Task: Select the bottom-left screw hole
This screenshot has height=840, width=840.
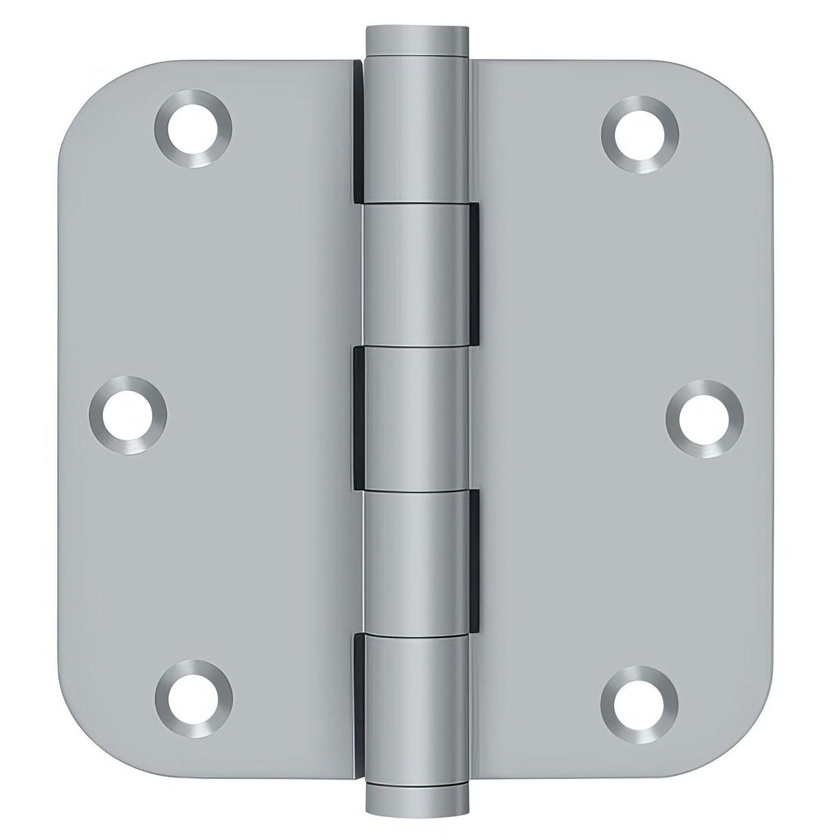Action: [193, 699]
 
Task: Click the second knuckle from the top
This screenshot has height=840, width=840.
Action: [418, 266]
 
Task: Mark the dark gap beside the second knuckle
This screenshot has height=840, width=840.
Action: [476, 266]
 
